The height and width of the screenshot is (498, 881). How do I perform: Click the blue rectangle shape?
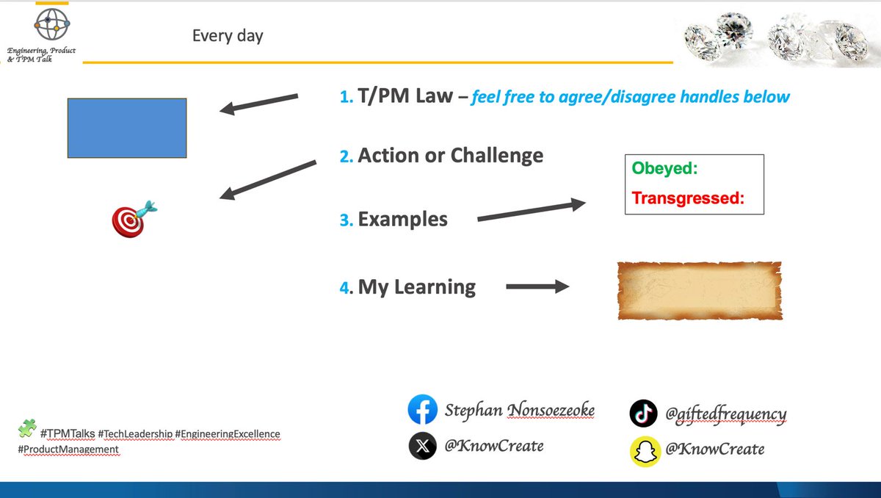(x=127, y=128)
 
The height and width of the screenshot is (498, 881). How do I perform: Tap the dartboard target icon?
(x=133, y=219)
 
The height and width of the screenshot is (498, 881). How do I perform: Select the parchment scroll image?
(x=699, y=290)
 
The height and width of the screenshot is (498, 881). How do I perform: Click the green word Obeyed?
(x=664, y=169)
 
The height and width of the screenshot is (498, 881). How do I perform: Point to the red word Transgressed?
(x=688, y=198)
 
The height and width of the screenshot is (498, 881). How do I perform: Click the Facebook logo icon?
(x=422, y=410)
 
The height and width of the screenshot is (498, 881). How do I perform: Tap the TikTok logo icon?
(x=643, y=414)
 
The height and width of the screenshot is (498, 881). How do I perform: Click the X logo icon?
(x=422, y=446)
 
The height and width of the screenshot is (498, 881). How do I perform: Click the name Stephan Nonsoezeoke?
(x=519, y=410)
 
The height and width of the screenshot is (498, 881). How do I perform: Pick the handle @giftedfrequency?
(x=725, y=414)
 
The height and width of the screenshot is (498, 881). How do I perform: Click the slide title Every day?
(x=228, y=35)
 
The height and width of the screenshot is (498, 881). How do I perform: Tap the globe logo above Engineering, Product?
(x=51, y=24)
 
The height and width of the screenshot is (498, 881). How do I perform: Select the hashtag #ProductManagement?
(x=68, y=450)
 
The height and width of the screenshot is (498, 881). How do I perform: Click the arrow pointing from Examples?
(x=532, y=211)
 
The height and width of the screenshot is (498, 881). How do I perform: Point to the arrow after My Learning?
(x=537, y=286)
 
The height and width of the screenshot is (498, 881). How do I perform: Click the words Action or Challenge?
(x=450, y=156)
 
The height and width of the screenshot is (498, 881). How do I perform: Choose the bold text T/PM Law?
(x=405, y=96)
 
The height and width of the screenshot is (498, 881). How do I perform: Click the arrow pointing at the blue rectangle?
(x=259, y=104)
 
